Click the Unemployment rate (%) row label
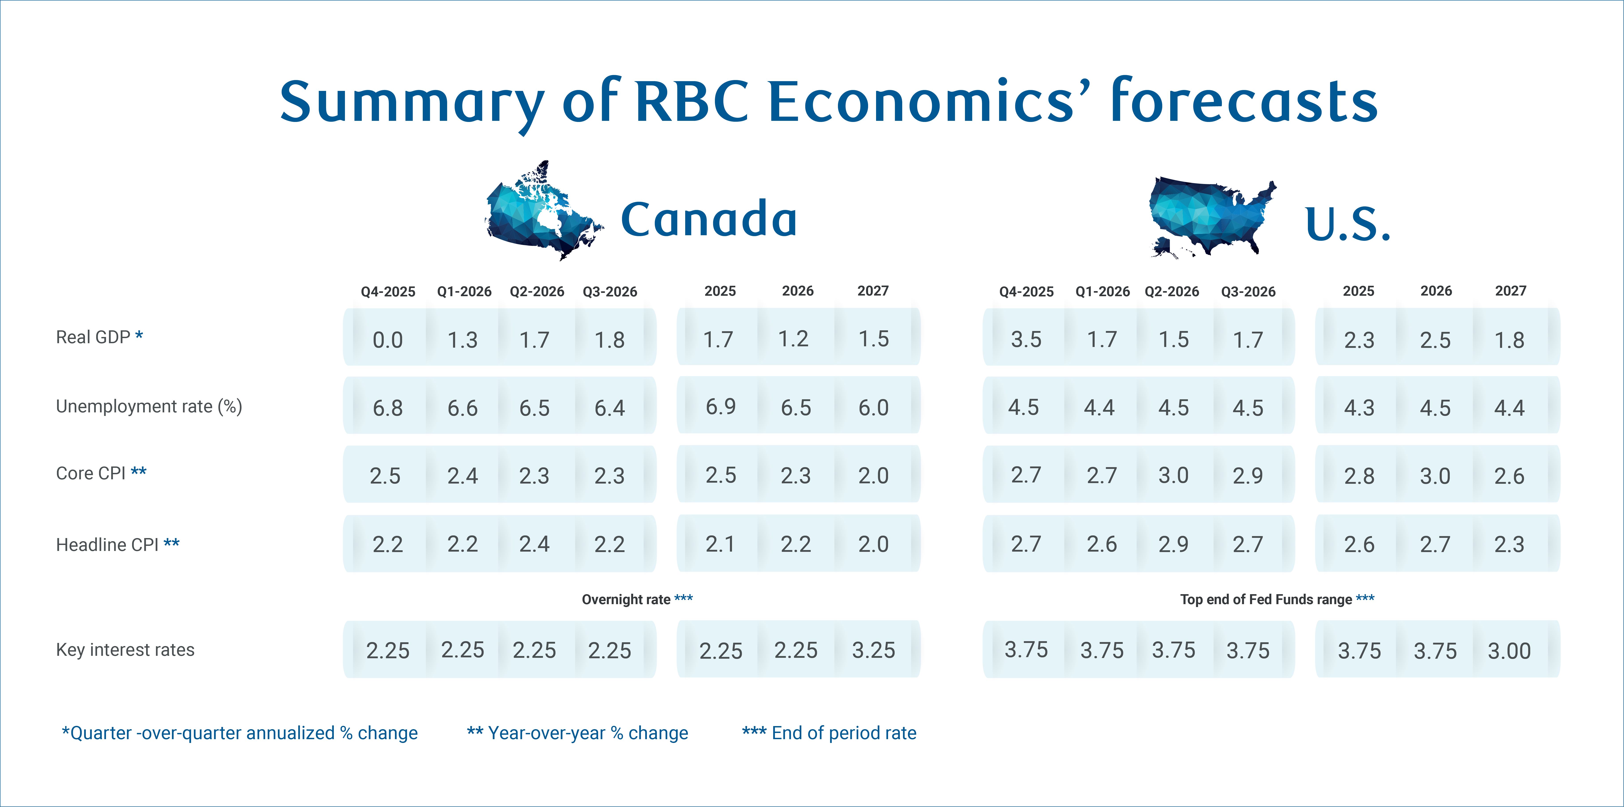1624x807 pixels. click(x=149, y=407)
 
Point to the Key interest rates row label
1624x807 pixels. click(x=125, y=650)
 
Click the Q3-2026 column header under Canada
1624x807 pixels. click(x=610, y=291)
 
